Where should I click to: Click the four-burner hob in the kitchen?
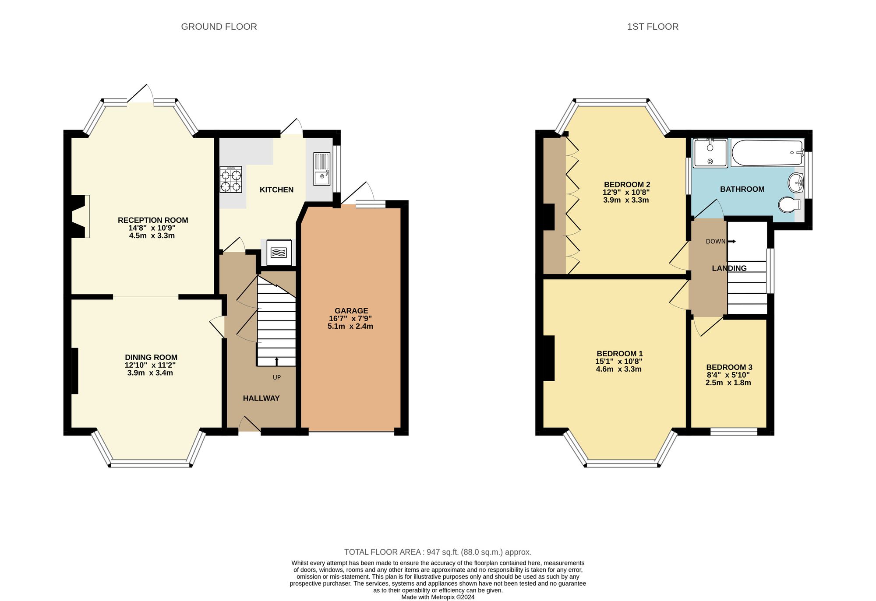(x=231, y=179)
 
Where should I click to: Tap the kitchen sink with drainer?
(x=322, y=169)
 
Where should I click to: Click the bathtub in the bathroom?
(x=766, y=153)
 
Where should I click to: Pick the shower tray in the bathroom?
(x=710, y=153)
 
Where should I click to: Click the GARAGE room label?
(x=351, y=311)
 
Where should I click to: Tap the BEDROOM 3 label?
(x=729, y=367)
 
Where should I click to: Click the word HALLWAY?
(x=261, y=398)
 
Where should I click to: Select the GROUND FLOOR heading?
(x=219, y=27)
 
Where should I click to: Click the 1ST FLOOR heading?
(x=653, y=27)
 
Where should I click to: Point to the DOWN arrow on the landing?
(x=731, y=241)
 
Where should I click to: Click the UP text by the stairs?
(x=277, y=377)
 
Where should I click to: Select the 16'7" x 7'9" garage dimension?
(x=350, y=319)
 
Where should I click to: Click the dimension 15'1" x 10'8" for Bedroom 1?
(x=618, y=362)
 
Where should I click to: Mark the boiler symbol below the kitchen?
(x=279, y=253)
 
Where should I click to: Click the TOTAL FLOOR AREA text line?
(x=438, y=552)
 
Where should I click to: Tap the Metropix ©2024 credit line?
(x=438, y=597)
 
